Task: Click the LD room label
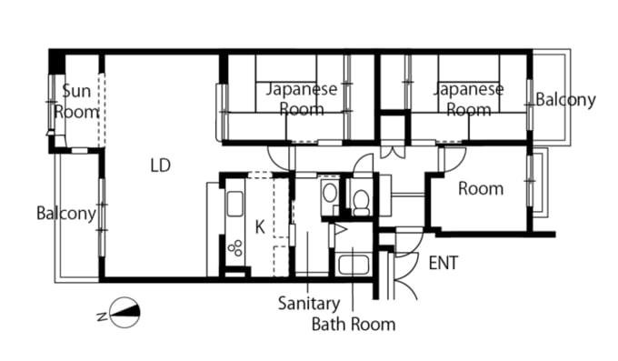161,165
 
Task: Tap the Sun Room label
75,101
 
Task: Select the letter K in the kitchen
260,227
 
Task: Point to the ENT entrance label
443,264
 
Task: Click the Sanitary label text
309,304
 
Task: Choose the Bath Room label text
354,323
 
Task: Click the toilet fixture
361,198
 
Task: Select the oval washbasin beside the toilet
330,194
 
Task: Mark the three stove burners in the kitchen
235,246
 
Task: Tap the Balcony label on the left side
65,214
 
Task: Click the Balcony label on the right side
565,99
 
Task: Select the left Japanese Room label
301,99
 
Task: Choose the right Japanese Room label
468,99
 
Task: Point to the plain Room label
480,189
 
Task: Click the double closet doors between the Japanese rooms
392,150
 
